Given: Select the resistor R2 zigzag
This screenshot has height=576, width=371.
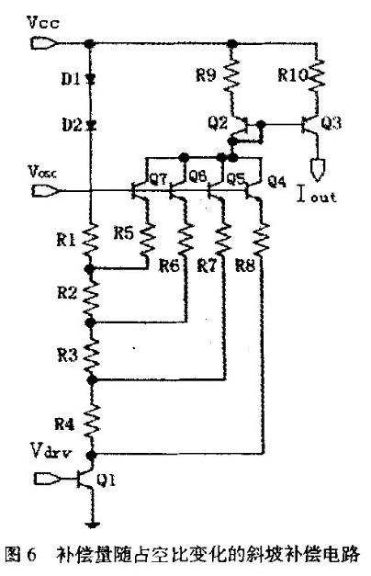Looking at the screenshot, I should pos(91,296).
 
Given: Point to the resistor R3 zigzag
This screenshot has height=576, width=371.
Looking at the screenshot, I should pos(91,351).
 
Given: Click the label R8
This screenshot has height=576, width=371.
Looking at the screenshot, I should pos(242,267).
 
